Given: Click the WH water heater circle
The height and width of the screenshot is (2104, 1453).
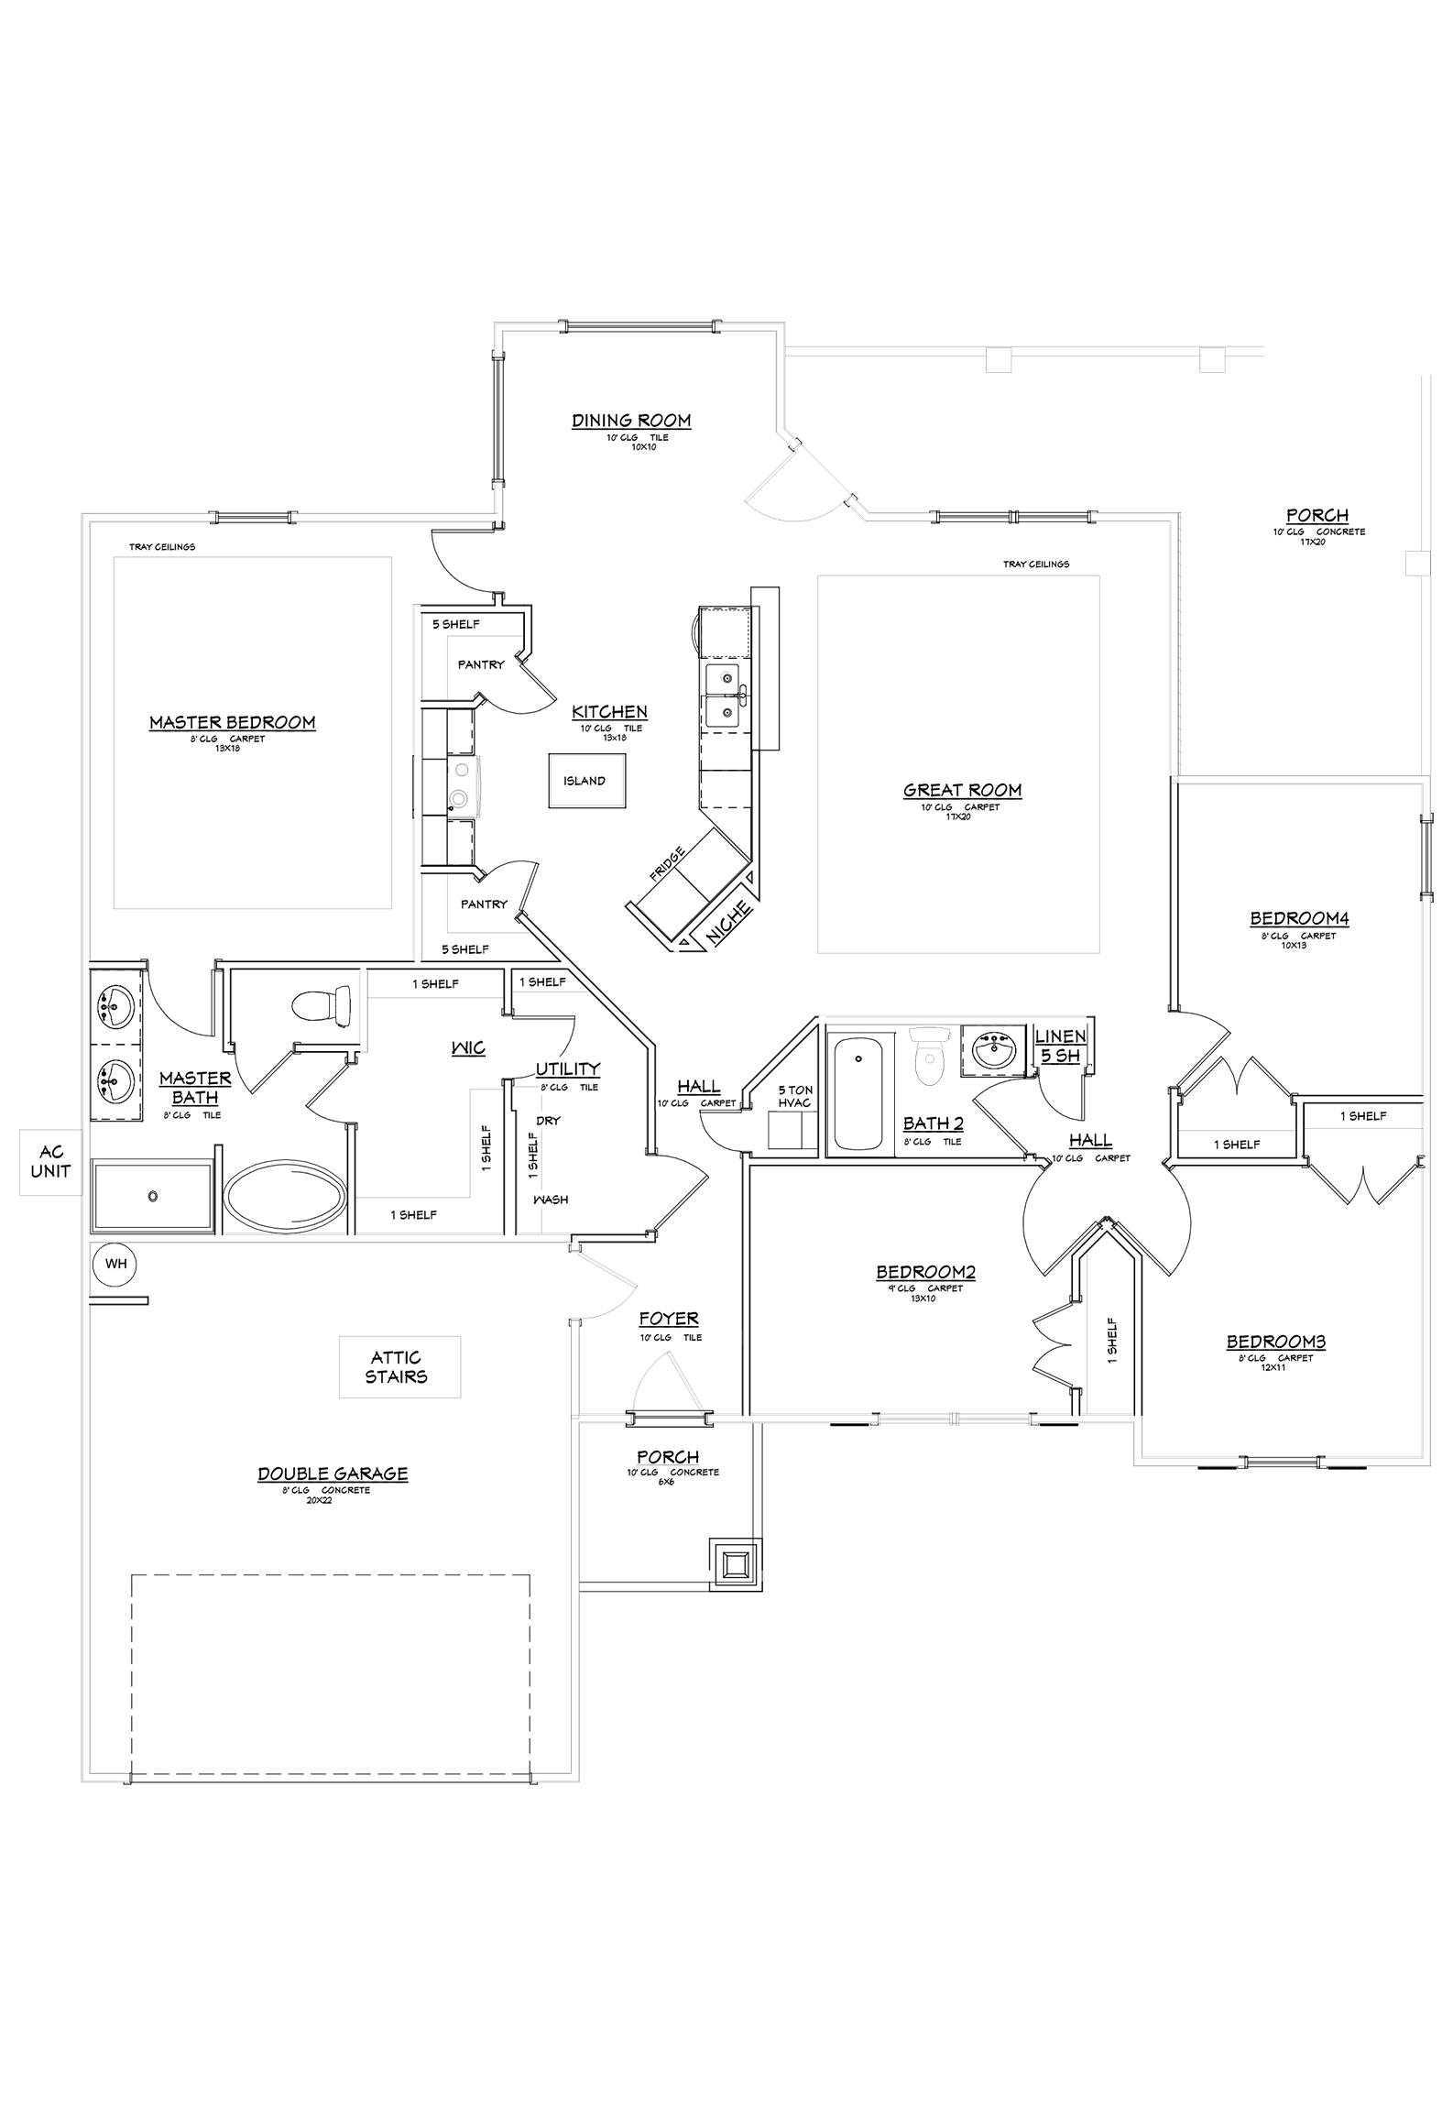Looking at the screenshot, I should point(115,1265).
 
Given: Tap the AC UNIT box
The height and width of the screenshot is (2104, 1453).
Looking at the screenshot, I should point(50,1162).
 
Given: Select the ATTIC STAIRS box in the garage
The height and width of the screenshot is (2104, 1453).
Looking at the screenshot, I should point(399,1366).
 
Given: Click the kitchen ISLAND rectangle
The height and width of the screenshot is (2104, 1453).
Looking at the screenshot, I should point(586,781).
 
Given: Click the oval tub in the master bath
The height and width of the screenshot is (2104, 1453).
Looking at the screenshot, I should point(285,1197).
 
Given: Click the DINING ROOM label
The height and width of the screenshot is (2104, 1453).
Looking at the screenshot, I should point(631,421).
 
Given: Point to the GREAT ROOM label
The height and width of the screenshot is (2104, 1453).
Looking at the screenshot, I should point(962,790).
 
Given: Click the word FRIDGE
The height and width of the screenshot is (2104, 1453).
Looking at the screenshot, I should point(666,866).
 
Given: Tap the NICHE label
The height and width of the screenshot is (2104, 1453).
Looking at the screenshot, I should point(730,922).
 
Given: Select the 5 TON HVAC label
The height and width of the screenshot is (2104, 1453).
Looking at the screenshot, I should point(794,1096).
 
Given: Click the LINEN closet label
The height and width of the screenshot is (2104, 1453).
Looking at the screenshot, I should point(1060,1036).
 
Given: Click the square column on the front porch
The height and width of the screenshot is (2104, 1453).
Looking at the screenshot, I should point(735,1564).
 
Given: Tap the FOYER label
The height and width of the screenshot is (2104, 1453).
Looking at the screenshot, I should point(669,1319).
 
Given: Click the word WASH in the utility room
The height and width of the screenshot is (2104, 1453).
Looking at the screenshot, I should point(551,1199).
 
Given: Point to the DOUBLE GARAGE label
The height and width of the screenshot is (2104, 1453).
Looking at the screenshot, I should point(333,1474).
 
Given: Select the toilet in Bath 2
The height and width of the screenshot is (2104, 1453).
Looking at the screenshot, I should point(929,1058).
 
